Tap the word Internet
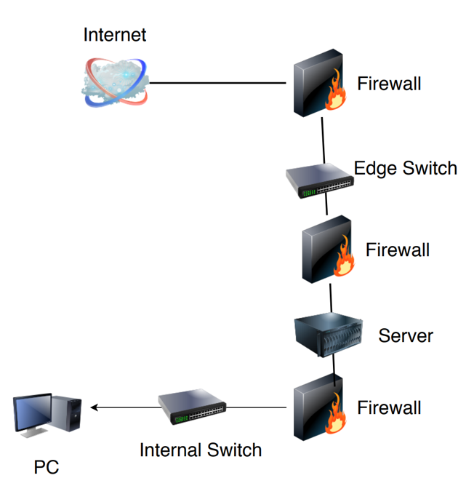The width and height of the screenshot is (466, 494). point(115,34)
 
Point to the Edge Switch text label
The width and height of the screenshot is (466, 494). point(405,169)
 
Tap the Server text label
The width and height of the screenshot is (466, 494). point(405,335)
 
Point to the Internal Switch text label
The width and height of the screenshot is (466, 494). point(200,450)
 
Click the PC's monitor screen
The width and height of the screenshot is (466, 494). point(33,413)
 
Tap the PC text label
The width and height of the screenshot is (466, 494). point(46,467)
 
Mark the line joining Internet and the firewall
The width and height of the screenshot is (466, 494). point(218,83)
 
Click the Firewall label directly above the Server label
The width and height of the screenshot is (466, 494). point(397,250)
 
